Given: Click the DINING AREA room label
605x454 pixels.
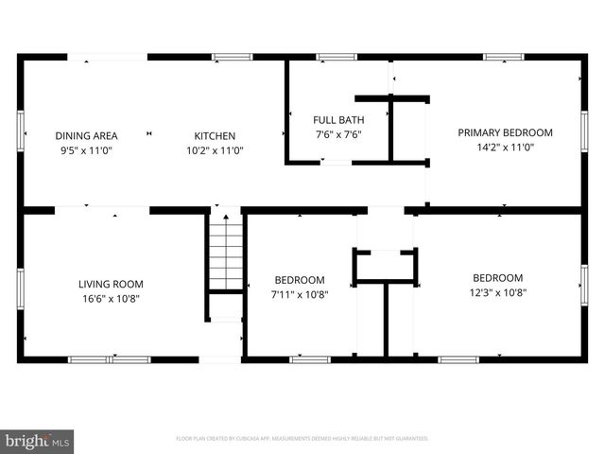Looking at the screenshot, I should (85, 135).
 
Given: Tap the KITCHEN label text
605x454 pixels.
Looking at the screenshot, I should (215, 135).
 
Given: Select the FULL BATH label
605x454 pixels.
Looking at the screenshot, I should (338, 120).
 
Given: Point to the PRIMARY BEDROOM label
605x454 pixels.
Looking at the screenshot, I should (505, 132).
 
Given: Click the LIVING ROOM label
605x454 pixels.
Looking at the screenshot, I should (111, 284).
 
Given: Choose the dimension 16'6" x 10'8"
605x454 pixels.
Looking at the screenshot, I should (111, 299).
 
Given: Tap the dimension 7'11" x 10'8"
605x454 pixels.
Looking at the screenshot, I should (300, 294).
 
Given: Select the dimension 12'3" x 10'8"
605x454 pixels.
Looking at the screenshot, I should (497, 292).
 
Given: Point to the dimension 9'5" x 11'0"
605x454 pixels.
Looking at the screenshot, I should (85, 149).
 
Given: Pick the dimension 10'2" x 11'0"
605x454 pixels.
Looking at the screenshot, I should (215, 149).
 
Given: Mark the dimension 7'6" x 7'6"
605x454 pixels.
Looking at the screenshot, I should (338, 134).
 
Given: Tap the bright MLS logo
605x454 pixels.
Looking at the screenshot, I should (38, 441).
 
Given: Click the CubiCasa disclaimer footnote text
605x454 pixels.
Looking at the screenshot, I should (302, 439).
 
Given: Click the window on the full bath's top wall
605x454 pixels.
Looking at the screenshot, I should (336, 57).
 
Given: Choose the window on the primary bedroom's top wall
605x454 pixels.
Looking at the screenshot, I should (503, 57).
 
